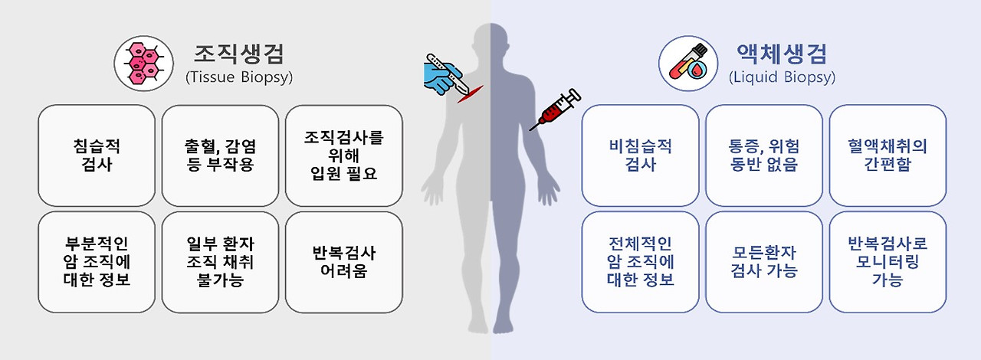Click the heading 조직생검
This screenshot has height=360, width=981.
point(239,54)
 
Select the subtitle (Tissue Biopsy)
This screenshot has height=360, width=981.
point(239,77)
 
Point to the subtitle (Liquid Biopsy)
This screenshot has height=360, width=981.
point(782,77)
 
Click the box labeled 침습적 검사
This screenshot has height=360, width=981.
point(96,155)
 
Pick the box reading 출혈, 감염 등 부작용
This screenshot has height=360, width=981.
point(220,155)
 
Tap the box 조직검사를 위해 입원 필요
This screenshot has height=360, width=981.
point(343,155)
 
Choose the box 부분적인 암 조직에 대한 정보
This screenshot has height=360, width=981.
point(96,262)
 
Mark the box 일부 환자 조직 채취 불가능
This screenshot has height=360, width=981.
point(220,262)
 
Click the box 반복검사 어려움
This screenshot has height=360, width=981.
point(343,262)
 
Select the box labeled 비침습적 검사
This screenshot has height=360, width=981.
point(640,155)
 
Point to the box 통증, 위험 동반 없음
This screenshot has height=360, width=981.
point(763,155)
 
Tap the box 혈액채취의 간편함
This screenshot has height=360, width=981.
point(887,155)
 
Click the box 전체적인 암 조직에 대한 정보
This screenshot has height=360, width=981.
point(640,262)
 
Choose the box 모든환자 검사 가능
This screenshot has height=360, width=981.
point(763,262)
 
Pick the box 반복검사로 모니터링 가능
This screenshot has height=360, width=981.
point(887,262)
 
